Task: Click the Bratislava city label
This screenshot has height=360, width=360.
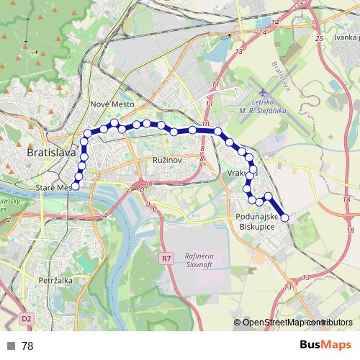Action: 50,153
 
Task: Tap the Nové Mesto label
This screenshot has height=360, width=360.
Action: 109,104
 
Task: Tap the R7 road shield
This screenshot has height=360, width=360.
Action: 167,257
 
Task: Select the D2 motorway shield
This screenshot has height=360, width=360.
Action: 27,317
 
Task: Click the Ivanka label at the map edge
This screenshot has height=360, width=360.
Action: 346,37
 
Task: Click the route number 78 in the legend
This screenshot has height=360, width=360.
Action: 27,346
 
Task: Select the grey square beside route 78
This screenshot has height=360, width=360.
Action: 11,346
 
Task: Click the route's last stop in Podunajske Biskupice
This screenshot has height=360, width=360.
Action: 284,217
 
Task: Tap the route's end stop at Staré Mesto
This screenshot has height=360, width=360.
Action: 75,185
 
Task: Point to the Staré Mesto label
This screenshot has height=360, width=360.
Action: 52,187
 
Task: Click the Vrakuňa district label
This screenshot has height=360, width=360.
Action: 240,174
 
